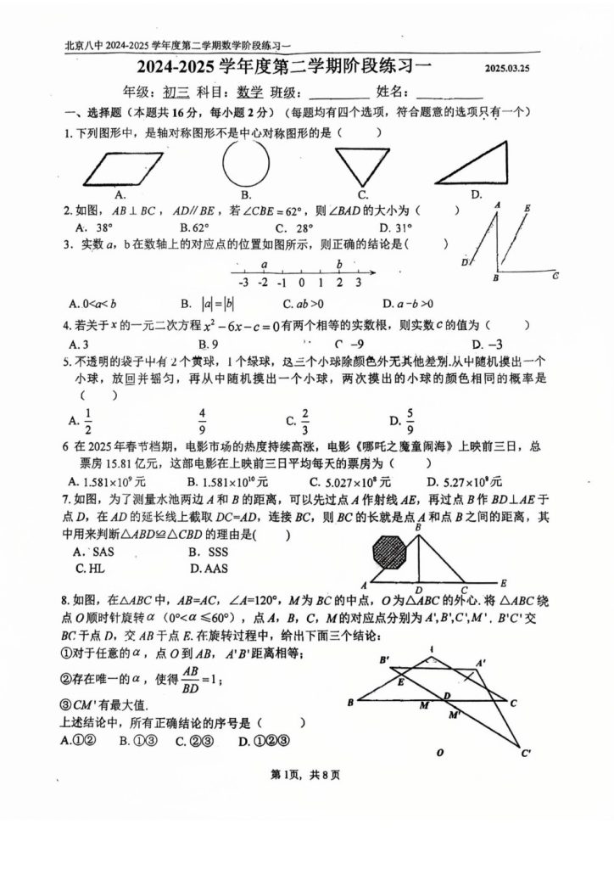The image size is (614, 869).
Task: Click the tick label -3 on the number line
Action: pos(243,283)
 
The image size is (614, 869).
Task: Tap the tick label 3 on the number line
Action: pos(358,283)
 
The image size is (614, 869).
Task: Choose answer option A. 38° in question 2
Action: pos(94,227)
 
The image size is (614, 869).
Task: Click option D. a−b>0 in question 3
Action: pos(408,303)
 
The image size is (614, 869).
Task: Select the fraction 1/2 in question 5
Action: pos(82,420)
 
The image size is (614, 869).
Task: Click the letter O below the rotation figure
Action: pos(439,751)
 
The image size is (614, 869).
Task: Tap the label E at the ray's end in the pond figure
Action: pos(504,583)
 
